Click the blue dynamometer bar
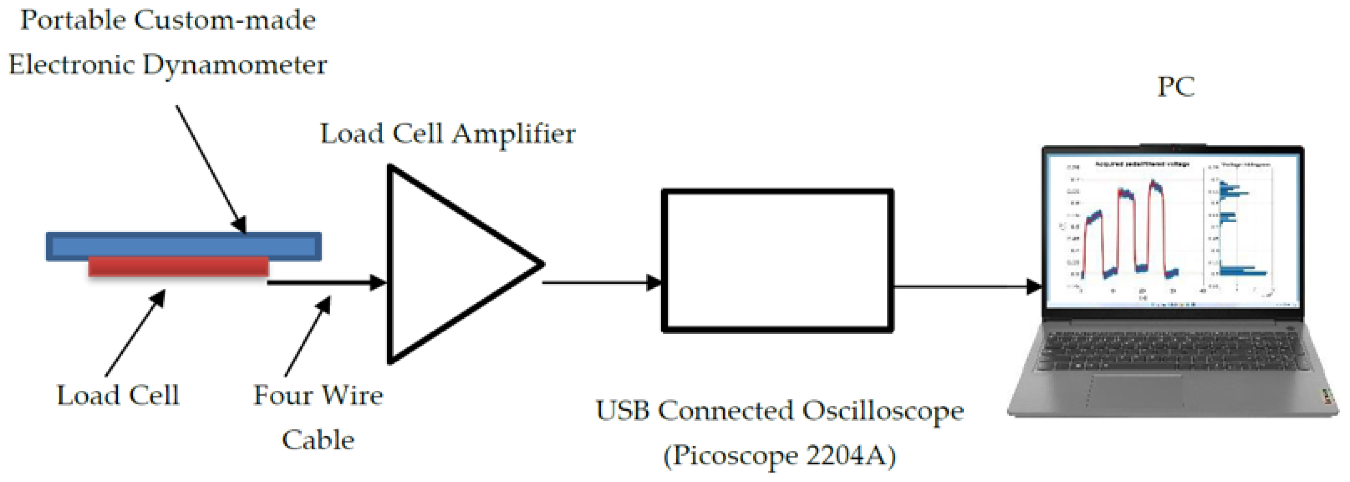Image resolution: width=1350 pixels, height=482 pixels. (x=183, y=245)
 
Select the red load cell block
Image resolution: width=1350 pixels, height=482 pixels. (x=178, y=266)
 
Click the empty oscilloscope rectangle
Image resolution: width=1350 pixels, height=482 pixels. (x=778, y=261)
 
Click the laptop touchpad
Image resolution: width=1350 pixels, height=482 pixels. (x=1137, y=391)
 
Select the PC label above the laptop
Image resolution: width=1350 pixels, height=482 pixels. (x=1175, y=87)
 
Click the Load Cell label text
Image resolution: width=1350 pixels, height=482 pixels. (x=118, y=395)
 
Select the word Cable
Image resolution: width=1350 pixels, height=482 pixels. (x=318, y=439)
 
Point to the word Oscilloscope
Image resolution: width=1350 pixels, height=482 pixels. (x=883, y=410)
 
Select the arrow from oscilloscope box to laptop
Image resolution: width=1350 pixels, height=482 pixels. (x=967, y=286)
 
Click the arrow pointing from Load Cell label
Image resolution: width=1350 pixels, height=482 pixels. (x=135, y=333)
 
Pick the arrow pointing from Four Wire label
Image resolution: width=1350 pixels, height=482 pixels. (x=308, y=336)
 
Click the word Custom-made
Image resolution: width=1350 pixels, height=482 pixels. (x=226, y=21)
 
